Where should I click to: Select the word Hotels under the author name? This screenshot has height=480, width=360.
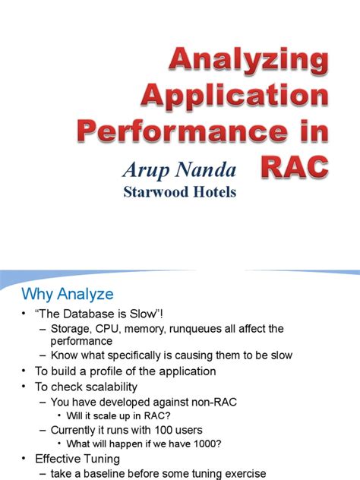(211, 191)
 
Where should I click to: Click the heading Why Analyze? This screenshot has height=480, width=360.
(67, 294)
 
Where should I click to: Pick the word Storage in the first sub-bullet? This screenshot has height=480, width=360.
(72, 329)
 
